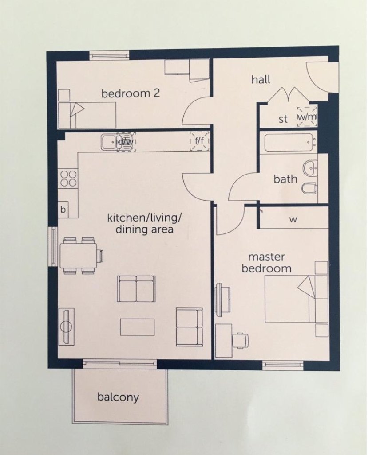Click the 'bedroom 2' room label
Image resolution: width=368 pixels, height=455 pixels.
(x=131, y=94)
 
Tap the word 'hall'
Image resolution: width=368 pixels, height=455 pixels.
(x=261, y=80)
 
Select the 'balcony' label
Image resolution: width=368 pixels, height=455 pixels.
(x=118, y=397)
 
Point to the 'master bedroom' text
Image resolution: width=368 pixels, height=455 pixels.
(x=269, y=263)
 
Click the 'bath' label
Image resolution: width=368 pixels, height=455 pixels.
(x=285, y=179)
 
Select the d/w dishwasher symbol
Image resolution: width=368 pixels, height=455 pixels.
(x=126, y=142)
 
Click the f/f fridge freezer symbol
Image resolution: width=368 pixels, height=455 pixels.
(x=199, y=141)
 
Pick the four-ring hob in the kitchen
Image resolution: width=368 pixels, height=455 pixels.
(x=68, y=179)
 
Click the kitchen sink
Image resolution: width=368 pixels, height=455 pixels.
(x=108, y=142)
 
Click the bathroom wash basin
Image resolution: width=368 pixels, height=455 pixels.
(x=310, y=167)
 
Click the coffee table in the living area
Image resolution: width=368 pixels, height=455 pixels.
(x=137, y=327)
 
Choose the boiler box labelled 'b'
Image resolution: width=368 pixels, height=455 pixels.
(x=63, y=210)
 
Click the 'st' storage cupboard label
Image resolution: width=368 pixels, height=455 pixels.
(x=283, y=119)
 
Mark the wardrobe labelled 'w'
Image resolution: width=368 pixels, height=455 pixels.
(x=293, y=219)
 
